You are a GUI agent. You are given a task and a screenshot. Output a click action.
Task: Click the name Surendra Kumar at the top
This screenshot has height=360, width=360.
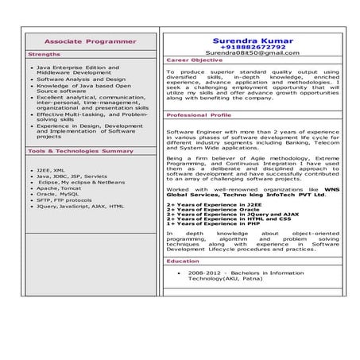pyautogui.click(x=252, y=39)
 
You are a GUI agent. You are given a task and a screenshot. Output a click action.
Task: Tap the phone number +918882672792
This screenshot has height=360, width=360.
pyautogui.click(x=252, y=46)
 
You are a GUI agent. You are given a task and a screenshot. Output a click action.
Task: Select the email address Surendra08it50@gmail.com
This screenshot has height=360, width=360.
pyautogui.click(x=252, y=53)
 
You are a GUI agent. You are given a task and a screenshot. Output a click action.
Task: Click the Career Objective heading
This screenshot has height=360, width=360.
pyautogui.click(x=195, y=60)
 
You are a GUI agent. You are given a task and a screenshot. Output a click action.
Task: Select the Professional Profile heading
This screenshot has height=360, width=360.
pyautogui.click(x=199, y=115)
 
